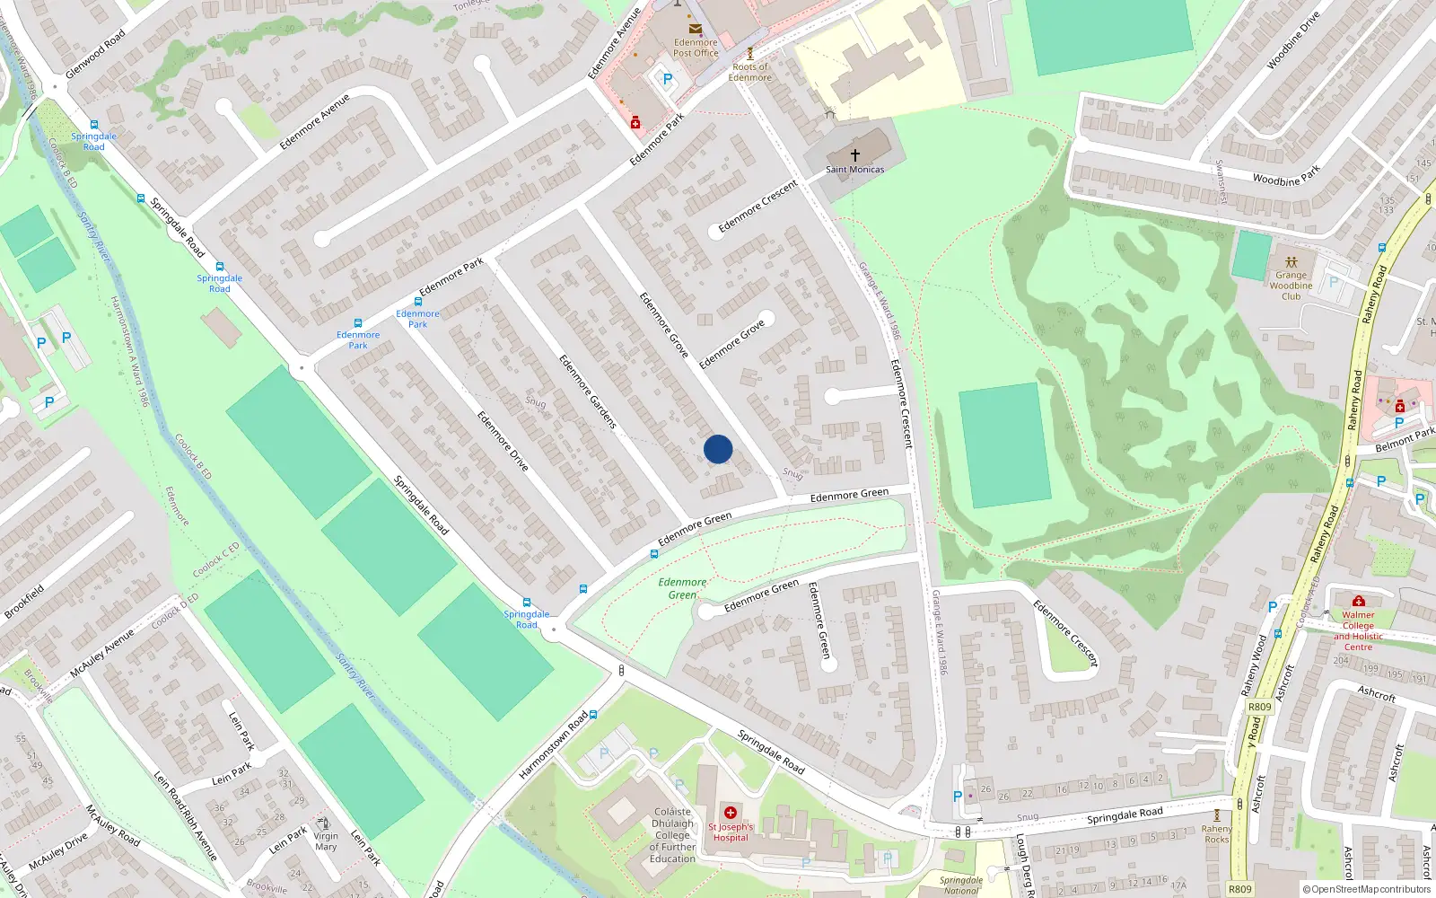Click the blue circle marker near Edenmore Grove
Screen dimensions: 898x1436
pos(718,449)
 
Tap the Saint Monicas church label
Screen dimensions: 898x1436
pos(854,169)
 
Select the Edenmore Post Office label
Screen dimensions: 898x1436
pos(696,48)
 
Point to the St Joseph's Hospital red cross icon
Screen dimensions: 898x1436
pos(731,813)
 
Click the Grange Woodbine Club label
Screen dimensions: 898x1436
pos(1291,286)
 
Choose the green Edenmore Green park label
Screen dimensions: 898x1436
pos(682,588)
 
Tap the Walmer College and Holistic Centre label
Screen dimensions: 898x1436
pos(1358,630)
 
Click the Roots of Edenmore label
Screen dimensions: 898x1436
pos(750,72)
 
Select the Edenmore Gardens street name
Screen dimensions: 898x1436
pos(588,391)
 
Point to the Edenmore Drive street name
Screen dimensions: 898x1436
pos(503,441)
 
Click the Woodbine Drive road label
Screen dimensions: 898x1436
pos(1293,40)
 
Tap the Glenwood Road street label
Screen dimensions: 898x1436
pos(96,54)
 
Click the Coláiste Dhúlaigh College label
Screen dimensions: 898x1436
pos(673,835)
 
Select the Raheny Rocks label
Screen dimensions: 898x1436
pos(1217,834)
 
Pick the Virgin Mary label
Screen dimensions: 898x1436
pos(326,841)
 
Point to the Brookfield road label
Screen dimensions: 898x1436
pos(24,602)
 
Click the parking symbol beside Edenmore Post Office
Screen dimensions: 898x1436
pos(668,79)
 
